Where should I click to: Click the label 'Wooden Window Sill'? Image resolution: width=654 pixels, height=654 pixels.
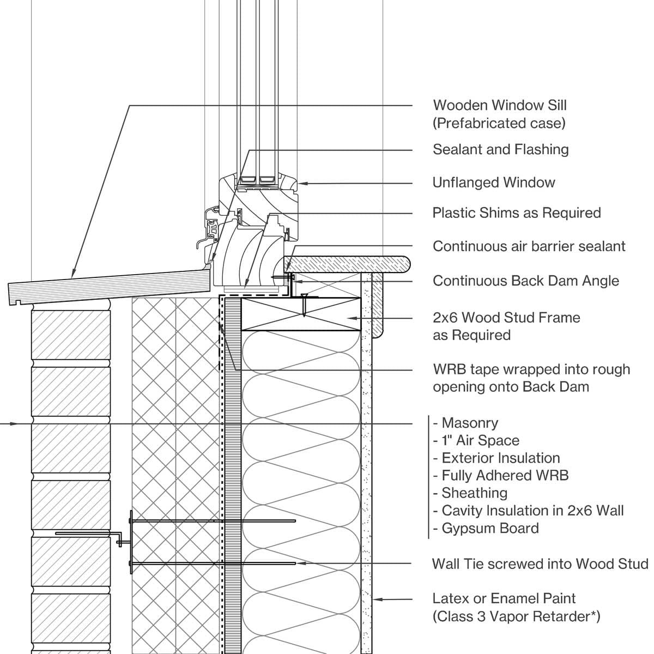coord(499,105)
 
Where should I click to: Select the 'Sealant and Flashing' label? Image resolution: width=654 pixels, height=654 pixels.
coord(500,149)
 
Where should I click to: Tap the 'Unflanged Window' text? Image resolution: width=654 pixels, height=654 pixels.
coord(493,183)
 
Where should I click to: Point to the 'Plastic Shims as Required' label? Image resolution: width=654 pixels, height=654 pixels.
coord(516,213)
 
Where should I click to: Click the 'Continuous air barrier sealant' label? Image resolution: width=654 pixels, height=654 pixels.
coord(529,246)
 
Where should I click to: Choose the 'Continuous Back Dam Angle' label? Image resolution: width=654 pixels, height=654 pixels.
coord(525,281)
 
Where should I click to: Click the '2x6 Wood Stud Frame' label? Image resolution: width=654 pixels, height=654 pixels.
coord(506,318)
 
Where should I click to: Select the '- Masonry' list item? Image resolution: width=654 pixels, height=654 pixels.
coord(465,423)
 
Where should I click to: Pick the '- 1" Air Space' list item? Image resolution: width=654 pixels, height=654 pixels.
coord(476,440)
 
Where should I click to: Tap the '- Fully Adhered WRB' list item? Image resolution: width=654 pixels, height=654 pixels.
coord(500,475)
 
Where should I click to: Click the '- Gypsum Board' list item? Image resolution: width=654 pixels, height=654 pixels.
coord(486,528)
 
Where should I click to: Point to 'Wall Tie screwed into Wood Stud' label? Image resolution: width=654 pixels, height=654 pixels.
coord(540,564)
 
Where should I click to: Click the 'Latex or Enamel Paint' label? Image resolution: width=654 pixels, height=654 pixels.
coord(504,598)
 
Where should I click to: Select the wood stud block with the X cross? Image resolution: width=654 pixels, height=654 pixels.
coord(301,314)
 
